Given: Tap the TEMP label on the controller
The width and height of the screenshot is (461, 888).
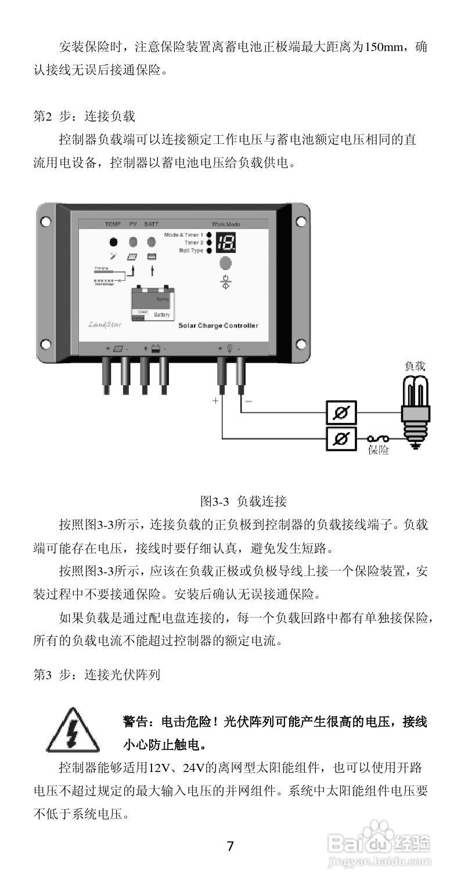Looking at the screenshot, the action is point(112,224).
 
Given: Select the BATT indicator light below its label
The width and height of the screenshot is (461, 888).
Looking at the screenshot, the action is point(152,242).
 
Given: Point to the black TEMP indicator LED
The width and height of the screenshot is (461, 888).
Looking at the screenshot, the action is point(113,242).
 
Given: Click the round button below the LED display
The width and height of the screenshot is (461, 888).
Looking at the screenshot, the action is point(225,264).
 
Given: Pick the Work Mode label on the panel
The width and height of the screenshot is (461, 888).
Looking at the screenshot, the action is point(226,224).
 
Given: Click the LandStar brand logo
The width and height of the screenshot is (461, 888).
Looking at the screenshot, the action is point(104,325).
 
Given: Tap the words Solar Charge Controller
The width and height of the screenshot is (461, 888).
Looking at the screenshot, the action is point(218,326).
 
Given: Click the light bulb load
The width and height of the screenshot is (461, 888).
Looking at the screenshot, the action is point(416,408).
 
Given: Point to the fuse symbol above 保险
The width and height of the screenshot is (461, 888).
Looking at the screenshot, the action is point(377,439).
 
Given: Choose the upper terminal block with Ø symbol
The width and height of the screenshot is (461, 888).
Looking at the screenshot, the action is point(341,413).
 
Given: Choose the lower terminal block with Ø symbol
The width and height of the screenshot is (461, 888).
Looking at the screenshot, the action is point(341,439).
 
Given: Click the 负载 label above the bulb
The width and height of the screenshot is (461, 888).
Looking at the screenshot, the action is point(415,366).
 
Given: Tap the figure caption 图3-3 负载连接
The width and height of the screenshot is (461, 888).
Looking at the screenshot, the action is point(243,501).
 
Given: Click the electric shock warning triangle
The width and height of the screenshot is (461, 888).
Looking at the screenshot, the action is point(72,730).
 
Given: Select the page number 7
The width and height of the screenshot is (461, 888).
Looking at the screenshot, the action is point(230,846).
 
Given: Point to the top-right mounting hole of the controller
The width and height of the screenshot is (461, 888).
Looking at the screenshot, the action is point(301,222).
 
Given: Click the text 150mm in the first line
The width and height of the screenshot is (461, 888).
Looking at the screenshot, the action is point(386,47).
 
